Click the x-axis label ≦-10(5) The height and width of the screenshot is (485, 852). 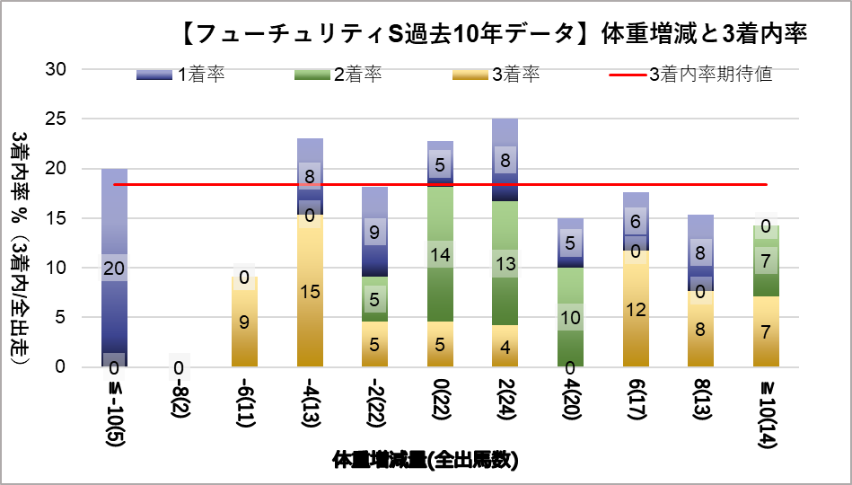tap(114, 410)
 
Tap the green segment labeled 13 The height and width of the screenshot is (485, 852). tap(505, 263)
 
